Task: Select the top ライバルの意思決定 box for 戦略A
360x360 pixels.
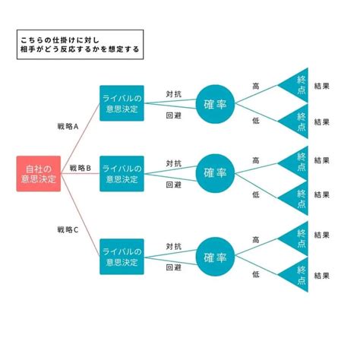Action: (122, 103)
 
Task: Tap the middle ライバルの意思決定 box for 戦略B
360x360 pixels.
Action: (122, 174)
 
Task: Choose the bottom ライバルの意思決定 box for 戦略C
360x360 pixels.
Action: (122, 257)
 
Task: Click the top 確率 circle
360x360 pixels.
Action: (215, 103)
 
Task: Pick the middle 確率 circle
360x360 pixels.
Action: (215, 174)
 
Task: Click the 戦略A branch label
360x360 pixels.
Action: (68, 130)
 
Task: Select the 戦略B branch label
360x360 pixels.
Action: (80, 168)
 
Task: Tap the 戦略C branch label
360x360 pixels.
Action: (68, 229)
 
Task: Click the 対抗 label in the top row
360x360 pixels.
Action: (173, 95)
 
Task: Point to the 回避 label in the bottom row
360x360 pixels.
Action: (173, 267)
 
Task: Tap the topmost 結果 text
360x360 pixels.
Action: (321, 86)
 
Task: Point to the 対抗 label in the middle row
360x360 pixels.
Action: (173, 163)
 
